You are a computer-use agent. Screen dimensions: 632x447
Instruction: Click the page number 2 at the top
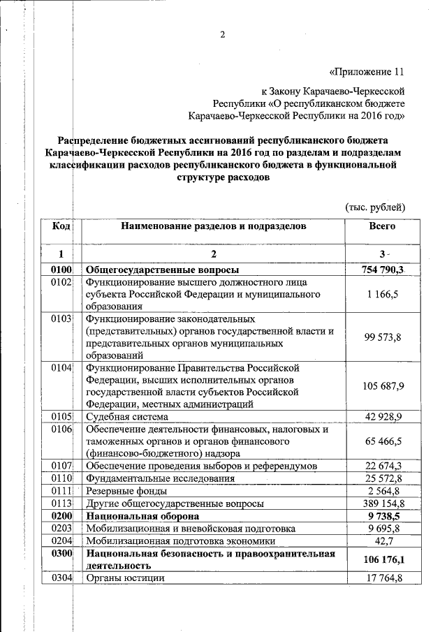(x=223, y=37)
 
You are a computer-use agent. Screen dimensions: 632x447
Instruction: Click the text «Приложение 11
(x=366, y=71)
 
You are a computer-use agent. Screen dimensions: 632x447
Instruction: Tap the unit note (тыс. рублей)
(x=376, y=207)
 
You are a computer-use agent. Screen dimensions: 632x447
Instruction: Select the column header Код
(x=61, y=226)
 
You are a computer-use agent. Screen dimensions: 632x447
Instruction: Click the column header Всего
(x=382, y=226)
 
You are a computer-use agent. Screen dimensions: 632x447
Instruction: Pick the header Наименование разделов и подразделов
(x=213, y=226)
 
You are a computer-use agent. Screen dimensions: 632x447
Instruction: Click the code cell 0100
(x=61, y=270)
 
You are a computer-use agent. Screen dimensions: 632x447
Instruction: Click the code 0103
(x=61, y=319)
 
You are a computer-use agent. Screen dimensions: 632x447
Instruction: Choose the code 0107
(x=61, y=465)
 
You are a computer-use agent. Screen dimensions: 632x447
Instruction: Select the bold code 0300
(x=61, y=554)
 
